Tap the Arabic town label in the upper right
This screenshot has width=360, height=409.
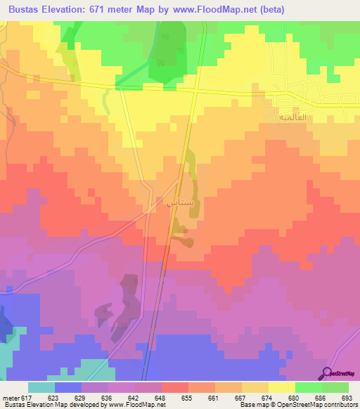click(276, 117)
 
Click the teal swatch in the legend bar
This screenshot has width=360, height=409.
click(41, 387)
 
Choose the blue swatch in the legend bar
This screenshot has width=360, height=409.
click(68, 387)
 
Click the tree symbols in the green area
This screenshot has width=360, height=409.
click(166, 49)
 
